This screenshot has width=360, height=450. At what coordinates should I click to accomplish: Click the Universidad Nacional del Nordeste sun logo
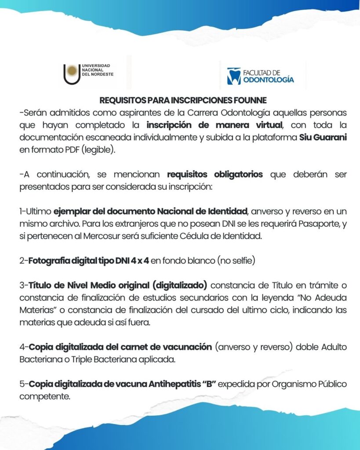pos(72,73)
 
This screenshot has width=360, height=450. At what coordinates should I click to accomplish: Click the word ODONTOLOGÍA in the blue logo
pos(269,80)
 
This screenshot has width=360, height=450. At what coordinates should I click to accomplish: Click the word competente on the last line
pos(45,396)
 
